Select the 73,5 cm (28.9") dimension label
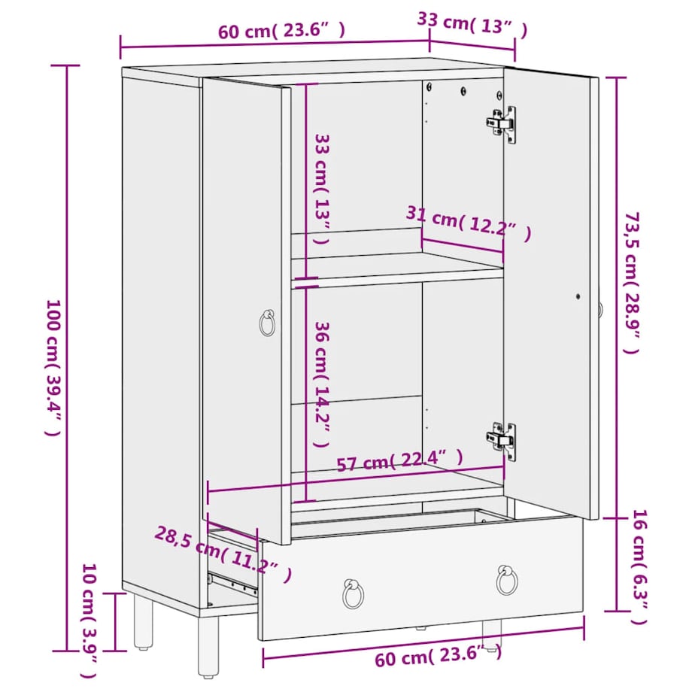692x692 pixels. click(631, 282)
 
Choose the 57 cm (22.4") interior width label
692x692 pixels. click(399, 460)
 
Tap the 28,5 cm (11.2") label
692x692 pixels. click(223, 554)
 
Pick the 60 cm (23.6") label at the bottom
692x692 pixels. click(437, 659)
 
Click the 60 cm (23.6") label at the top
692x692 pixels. click(282, 32)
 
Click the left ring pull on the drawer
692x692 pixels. click(353, 593)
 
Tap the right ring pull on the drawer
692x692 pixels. click(507, 580)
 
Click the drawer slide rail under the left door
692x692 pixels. click(232, 582)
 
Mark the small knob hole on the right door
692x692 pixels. click(578, 296)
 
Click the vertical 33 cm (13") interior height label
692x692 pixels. click(322, 188)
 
